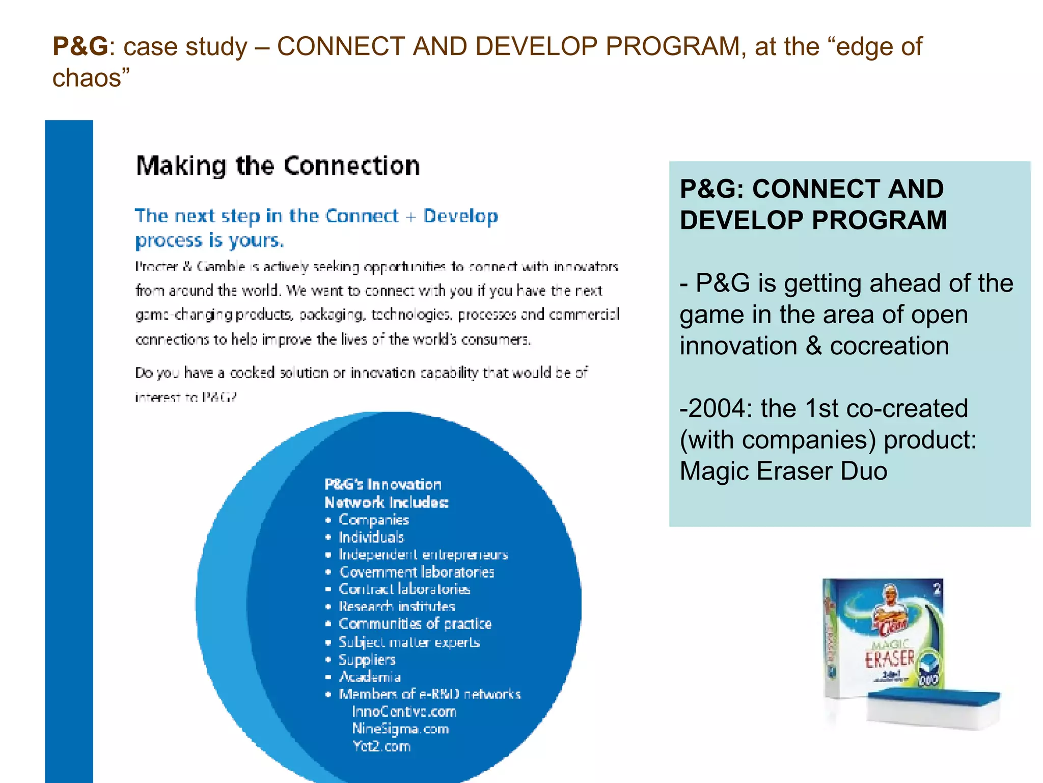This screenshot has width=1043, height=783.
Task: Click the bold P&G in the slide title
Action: pyautogui.click(x=80, y=46)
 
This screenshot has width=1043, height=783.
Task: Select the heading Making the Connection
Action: pyautogui.click(x=278, y=166)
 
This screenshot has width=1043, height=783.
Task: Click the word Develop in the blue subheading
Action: pyautogui.click(x=460, y=217)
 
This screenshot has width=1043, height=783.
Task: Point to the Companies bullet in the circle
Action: pyautogui.click(x=374, y=520)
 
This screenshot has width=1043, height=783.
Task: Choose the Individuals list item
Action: pyautogui.click(x=371, y=537)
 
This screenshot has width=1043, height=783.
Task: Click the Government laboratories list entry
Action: pyautogui.click(x=417, y=572)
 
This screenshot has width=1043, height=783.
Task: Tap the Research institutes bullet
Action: pyautogui.click(x=397, y=607)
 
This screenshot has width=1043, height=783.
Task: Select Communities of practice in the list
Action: pyautogui.click(x=415, y=624)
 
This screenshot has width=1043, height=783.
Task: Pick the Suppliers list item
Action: pyautogui.click(x=367, y=660)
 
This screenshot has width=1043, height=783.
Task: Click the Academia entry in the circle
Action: pyautogui.click(x=370, y=677)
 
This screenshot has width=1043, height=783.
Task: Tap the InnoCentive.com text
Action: pyautogui.click(x=404, y=712)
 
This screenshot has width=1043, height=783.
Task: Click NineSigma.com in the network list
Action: pyautogui.click(x=400, y=729)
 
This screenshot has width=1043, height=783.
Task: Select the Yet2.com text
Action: pyautogui.click(x=381, y=746)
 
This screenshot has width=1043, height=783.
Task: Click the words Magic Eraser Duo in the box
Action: pyautogui.click(x=783, y=471)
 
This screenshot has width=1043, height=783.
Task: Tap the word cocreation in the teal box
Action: pyautogui.click(x=889, y=346)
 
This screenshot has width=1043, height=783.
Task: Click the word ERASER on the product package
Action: pyautogui.click(x=889, y=659)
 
